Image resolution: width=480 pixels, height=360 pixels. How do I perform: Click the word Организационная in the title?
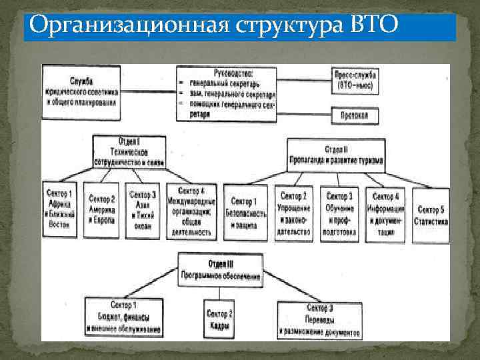(x=127, y=25)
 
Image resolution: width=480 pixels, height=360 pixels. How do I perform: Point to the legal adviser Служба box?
(x=81, y=91)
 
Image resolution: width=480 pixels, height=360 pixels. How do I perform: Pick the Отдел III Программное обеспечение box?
(x=219, y=269)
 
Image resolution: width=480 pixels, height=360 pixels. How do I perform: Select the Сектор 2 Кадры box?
(x=219, y=319)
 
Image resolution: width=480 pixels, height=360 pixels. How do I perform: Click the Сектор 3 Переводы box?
(x=321, y=319)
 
